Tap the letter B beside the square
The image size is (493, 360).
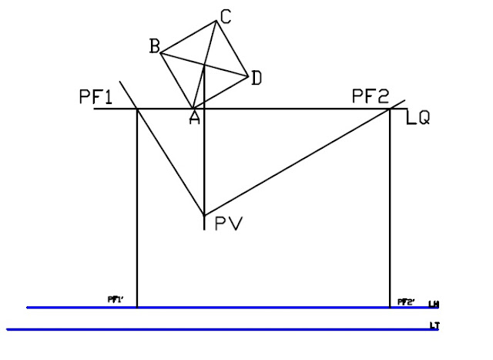pyautogui.click(x=154, y=46)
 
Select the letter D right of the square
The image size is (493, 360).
pyautogui.click(x=257, y=77)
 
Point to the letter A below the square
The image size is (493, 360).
pyautogui.click(x=195, y=117)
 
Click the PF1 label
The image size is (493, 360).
pyautogui.click(x=96, y=97)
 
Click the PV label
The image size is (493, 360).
pyautogui.click(x=229, y=224)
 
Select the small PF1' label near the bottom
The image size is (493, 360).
pyautogui.click(x=116, y=299)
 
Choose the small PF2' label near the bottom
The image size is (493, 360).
pyautogui.click(x=406, y=301)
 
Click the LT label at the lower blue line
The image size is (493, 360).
pyautogui.click(x=435, y=327)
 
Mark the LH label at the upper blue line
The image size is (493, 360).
pyautogui.click(x=434, y=304)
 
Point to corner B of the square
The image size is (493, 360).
pyautogui.click(x=160, y=52)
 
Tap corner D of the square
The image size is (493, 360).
pyautogui.click(x=247, y=76)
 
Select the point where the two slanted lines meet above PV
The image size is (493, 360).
pyautogui.click(x=204, y=214)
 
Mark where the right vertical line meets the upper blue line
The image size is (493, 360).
pyautogui.click(x=391, y=308)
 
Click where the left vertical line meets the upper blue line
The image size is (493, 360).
pyautogui.click(x=137, y=308)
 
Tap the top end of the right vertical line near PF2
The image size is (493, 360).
pyautogui.click(x=391, y=109)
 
